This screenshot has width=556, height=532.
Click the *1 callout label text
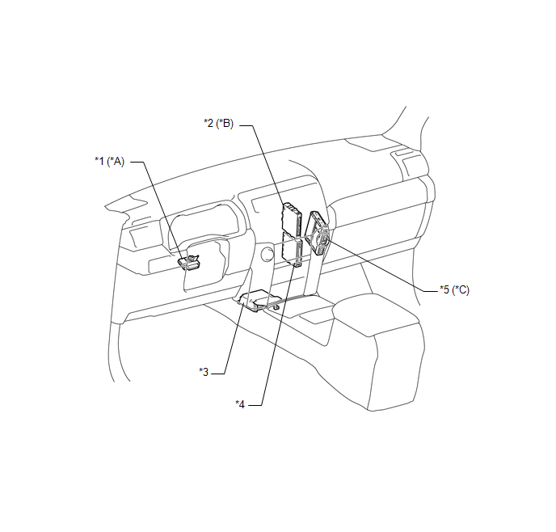click(99, 162)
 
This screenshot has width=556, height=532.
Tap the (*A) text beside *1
click(116, 162)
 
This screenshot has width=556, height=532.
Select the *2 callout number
click(208, 123)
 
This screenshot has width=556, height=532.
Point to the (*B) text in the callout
click(225, 123)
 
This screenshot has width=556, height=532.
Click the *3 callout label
click(204, 372)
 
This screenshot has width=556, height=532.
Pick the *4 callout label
click(240, 404)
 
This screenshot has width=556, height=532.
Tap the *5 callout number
click(444, 289)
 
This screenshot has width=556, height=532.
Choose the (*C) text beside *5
click(461, 289)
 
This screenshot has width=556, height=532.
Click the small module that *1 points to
click(189, 262)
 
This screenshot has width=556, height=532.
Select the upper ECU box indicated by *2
click(292, 217)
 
